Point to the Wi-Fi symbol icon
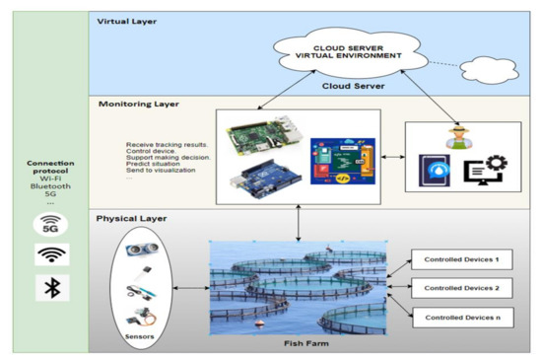coord(51,255)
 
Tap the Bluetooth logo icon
coord(51,288)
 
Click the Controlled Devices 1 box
coord(462,260)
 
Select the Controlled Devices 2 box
coord(462,289)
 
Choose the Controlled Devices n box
coord(462,318)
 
